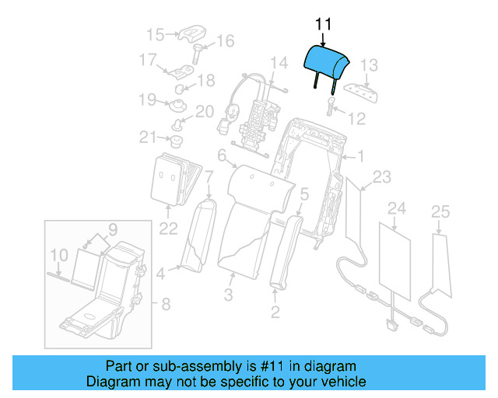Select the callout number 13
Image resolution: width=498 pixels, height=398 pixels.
tap(369, 65)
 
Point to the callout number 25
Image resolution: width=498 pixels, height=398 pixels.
tap(440, 211)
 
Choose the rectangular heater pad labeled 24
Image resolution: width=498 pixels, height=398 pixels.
tap(395, 260)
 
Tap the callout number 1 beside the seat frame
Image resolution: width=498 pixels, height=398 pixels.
tap(359, 156)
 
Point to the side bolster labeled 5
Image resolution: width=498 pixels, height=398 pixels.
tap(284, 249)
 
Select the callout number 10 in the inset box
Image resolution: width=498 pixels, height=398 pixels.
tap(58, 254)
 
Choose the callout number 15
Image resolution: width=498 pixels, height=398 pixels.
tap(156, 34)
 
